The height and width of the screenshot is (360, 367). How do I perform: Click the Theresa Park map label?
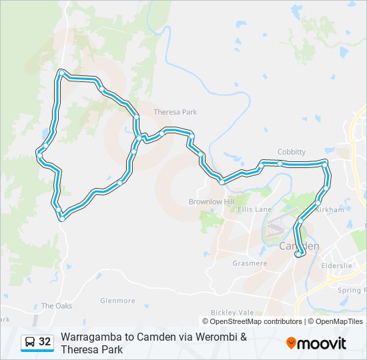[x=175, y=112]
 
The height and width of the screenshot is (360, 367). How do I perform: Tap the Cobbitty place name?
[x=292, y=152]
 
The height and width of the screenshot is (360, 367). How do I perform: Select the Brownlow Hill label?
[x=212, y=201]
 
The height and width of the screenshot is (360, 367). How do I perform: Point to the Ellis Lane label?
[x=255, y=209]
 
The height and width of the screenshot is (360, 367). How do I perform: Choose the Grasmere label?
[x=250, y=263]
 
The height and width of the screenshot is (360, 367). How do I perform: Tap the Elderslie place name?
[x=336, y=265]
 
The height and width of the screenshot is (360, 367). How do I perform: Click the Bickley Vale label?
[x=232, y=312]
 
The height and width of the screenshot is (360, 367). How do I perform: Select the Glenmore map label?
[x=117, y=301]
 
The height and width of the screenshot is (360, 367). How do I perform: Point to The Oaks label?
[x=56, y=306]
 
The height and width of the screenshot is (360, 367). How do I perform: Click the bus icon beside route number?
[x=30, y=343]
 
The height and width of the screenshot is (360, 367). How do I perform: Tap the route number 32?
[x=45, y=342]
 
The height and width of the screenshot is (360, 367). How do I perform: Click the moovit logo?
[x=316, y=343]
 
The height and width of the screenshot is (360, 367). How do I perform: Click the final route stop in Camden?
[x=298, y=254]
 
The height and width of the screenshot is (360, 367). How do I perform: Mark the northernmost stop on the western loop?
[x=61, y=72]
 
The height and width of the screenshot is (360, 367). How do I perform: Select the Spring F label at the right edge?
[x=352, y=290]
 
